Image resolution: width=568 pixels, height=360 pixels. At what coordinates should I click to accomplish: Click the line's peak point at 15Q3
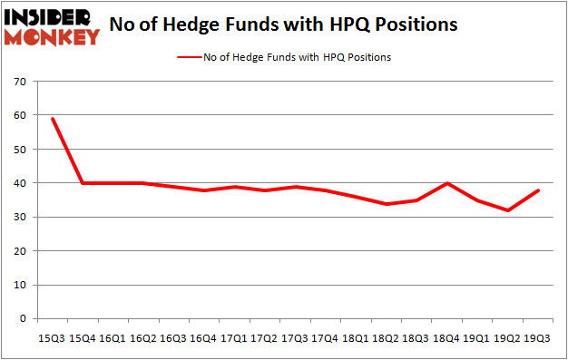coord(52,119)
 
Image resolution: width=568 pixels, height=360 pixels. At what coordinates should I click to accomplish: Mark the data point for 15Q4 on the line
coord(82,183)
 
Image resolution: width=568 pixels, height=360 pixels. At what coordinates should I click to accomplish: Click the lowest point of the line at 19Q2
coord(506,210)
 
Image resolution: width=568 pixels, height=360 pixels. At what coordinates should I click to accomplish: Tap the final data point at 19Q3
coord(537,190)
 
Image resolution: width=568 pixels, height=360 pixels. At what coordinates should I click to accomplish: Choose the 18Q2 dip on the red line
coord(385,204)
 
